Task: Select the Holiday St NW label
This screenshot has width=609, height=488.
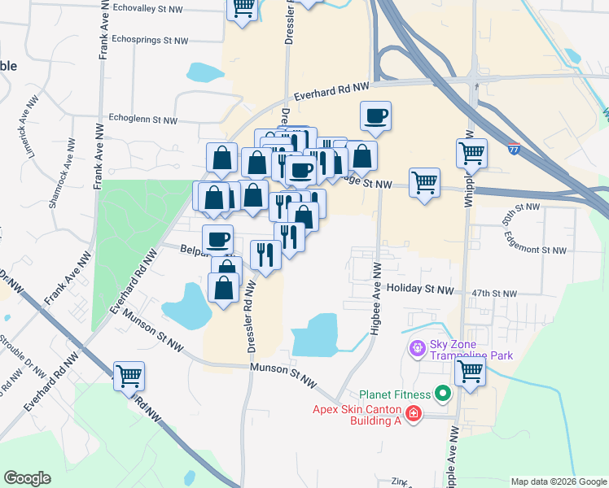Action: click(x=419, y=289)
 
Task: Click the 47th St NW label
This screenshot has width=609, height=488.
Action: click(x=493, y=293)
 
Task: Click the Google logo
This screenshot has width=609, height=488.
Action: click(x=27, y=478)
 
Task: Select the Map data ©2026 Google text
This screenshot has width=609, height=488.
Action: click(x=558, y=481)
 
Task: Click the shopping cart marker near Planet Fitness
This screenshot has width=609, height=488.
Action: click(x=471, y=372)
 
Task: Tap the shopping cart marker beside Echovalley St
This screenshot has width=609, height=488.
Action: click(x=243, y=8)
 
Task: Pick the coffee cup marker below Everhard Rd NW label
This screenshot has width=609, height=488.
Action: click(x=375, y=116)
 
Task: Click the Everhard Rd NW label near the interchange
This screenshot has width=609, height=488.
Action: click(x=332, y=90)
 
